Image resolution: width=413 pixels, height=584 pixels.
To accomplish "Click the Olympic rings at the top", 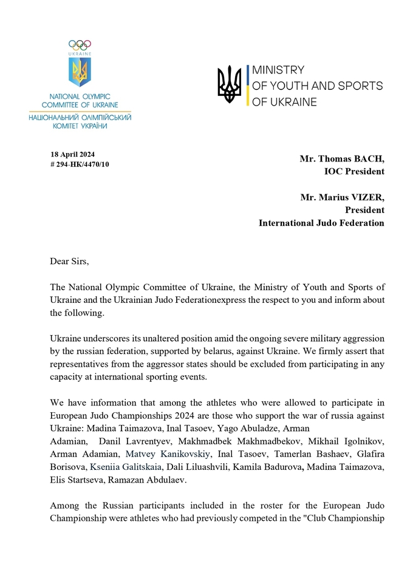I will (80, 44).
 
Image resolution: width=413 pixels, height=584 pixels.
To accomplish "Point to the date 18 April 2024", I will (73, 154).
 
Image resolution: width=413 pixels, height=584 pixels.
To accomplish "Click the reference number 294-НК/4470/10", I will (83, 165).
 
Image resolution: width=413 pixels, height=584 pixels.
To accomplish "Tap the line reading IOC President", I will (354, 172).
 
